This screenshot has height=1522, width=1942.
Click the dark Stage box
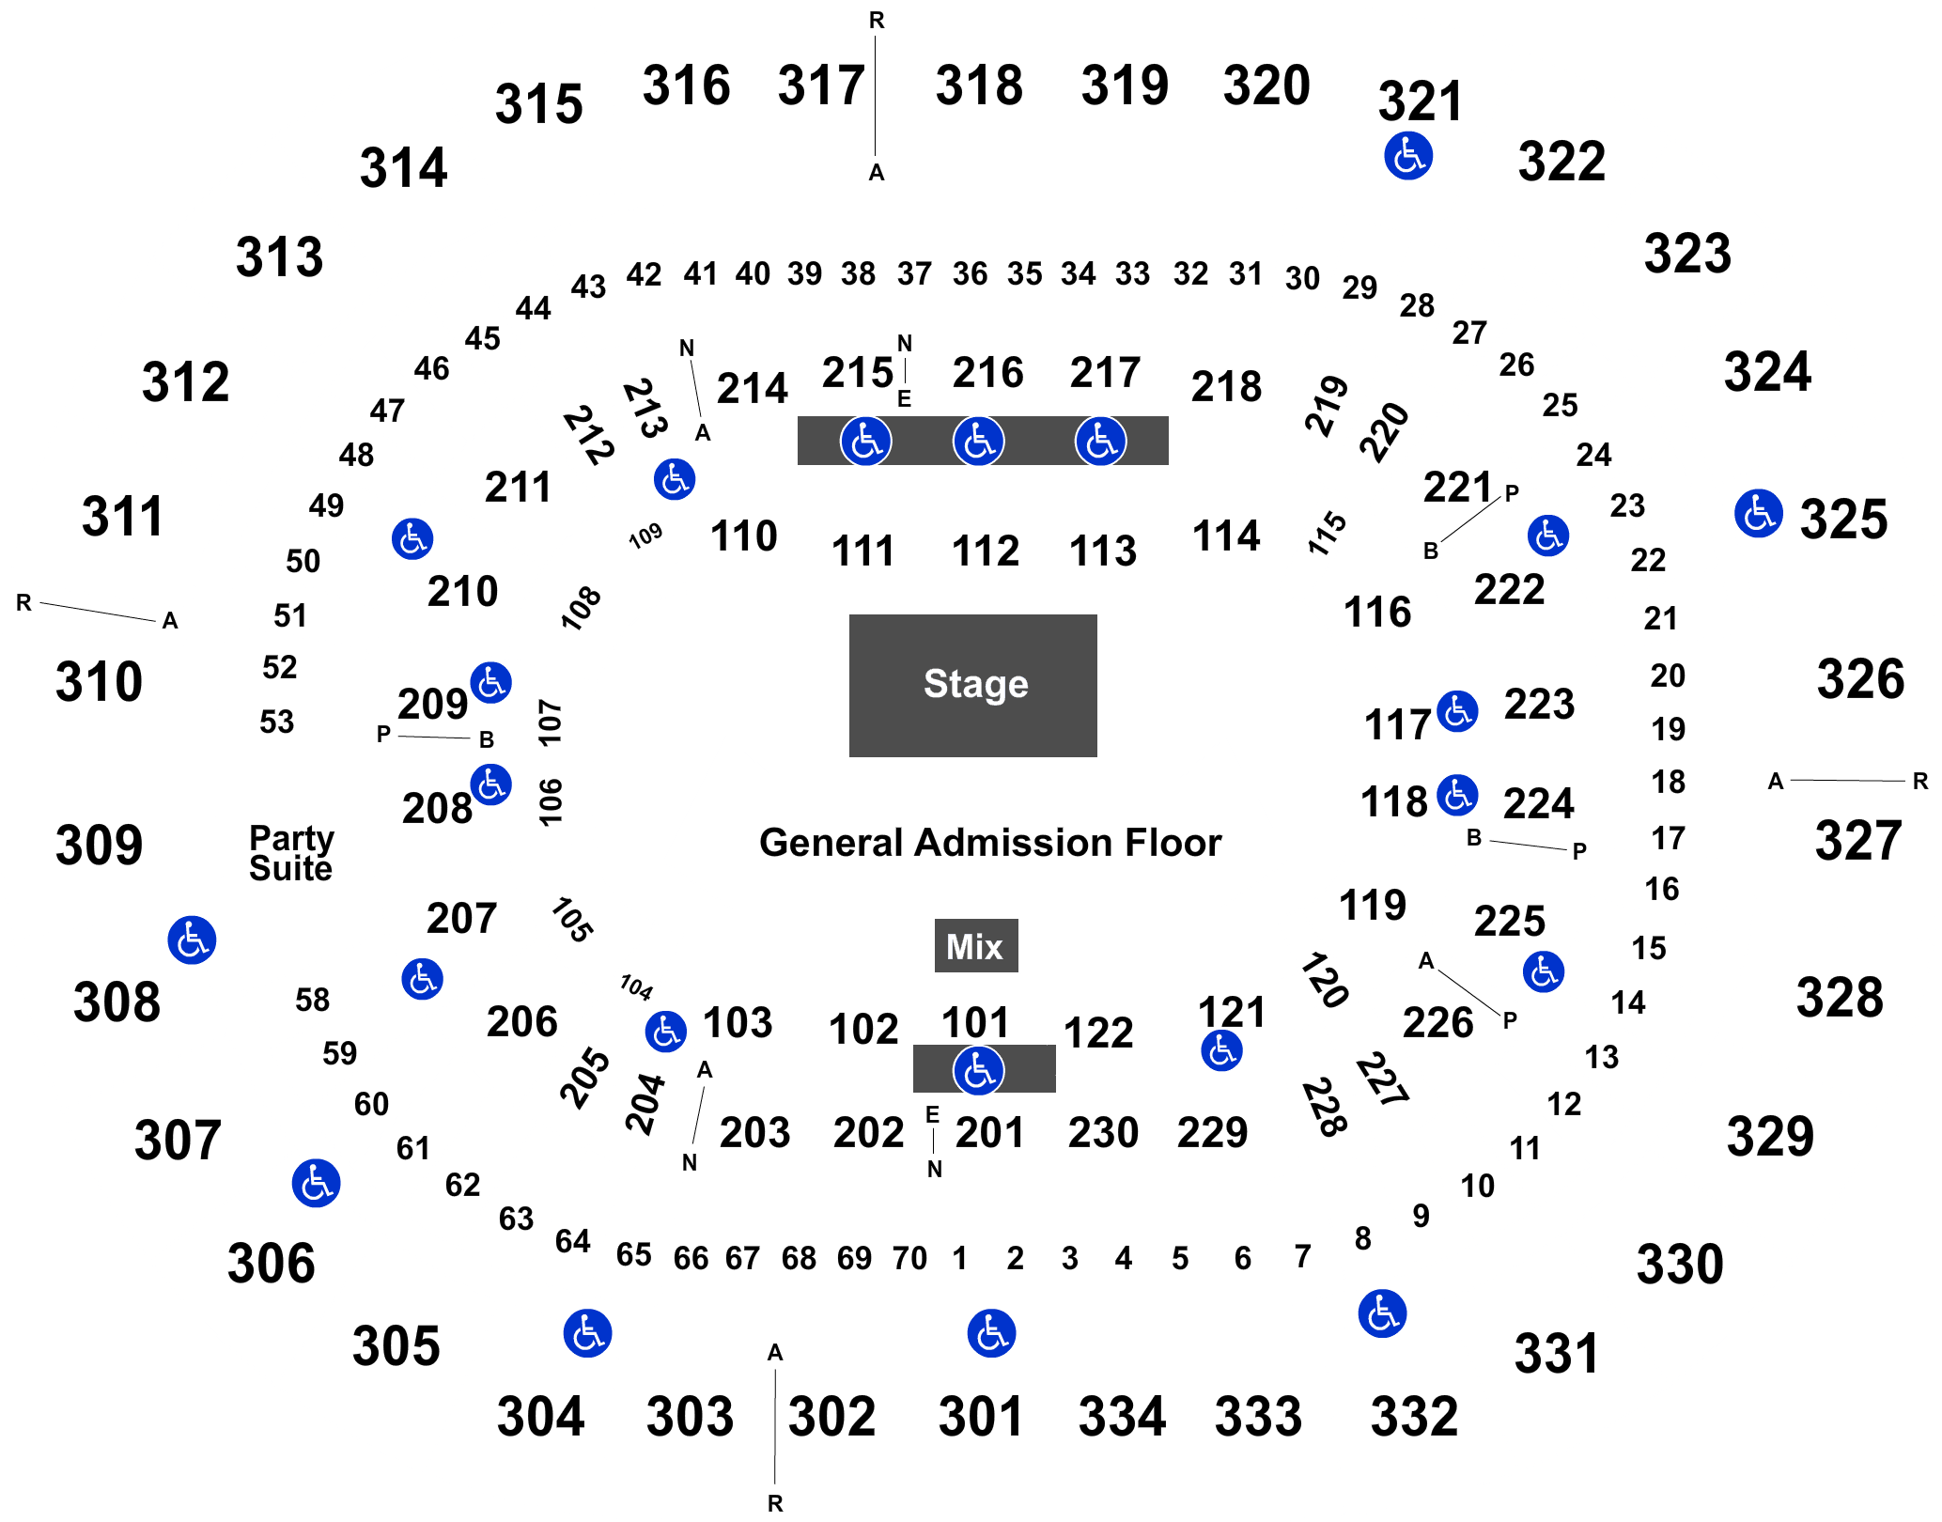click(x=972, y=685)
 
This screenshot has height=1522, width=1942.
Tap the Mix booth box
click(x=976, y=945)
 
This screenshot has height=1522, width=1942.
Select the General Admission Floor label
click(x=990, y=843)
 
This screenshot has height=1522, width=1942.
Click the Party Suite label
click(x=291, y=853)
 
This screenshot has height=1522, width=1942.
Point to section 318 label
click(x=979, y=85)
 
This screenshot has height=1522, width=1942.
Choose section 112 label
click(x=986, y=551)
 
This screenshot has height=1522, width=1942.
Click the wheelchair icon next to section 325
click(x=1758, y=513)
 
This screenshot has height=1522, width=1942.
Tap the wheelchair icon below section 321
click(x=1408, y=155)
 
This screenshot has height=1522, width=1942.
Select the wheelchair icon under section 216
click(x=979, y=441)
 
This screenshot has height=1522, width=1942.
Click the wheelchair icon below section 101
click(x=979, y=1070)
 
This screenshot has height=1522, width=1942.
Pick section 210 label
click(x=462, y=592)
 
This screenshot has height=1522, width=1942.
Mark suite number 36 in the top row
click(x=970, y=274)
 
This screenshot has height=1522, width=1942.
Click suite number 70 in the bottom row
click(x=909, y=1258)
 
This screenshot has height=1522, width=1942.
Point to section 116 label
click(x=1377, y=613)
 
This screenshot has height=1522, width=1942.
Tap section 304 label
click(x=540, y=1416)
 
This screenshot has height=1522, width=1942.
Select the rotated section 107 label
click(x=551, y=722)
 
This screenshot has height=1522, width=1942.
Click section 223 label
click(x=1539, y=704)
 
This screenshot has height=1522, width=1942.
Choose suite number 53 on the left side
click(x=277, y=722)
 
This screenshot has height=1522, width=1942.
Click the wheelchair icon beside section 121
click(x=1221, y=1049)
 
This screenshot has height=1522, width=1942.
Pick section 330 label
click(x=1680, y=1264)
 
